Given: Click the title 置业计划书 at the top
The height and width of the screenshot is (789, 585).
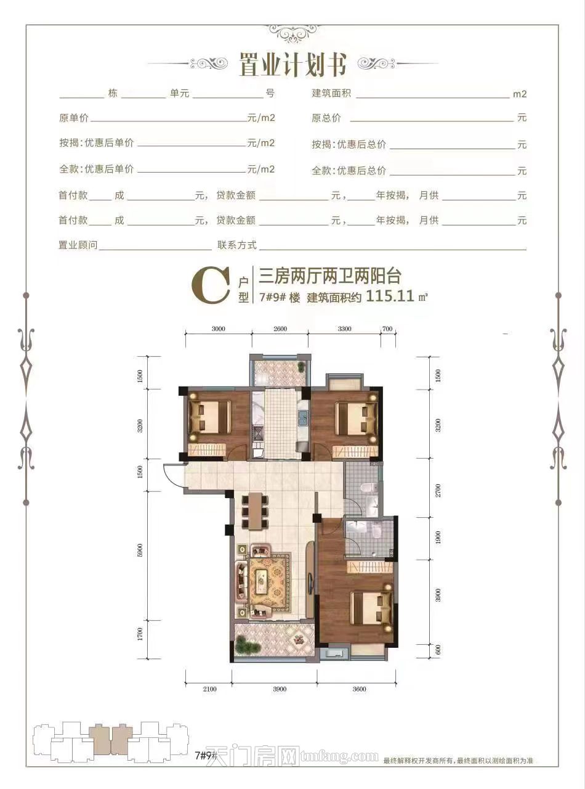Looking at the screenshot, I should tap(292, 64).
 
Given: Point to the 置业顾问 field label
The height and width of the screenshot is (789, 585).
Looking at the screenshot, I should tap(78, 245).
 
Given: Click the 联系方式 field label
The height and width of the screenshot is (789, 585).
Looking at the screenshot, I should tap(236, 245).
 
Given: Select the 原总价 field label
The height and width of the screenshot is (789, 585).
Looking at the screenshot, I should tap(326, 118).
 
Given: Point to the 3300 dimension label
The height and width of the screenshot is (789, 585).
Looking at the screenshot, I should tap(345, 329).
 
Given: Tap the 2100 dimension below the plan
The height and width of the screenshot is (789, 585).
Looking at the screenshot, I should tap(209, 689).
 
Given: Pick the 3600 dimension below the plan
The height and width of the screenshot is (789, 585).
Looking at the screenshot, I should tap(360, 689).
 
